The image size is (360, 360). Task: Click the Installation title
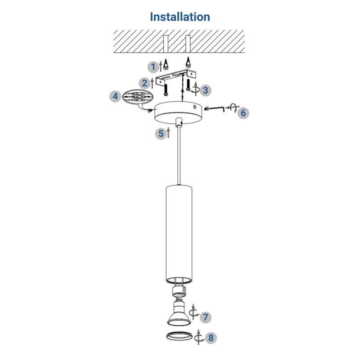(180, 17)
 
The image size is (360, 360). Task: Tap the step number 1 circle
(153, 67)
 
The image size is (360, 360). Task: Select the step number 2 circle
(144, 83)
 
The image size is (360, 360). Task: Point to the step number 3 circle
(206, 90)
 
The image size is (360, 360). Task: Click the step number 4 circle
(115, 96)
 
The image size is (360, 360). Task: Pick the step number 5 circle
(161, 134)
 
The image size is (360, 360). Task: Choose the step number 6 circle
(243, 113)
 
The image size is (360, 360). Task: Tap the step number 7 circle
(206, 317)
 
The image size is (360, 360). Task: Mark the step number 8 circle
(211, 338)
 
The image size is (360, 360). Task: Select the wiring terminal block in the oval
(137, 97)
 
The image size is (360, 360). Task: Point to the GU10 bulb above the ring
(179, 312)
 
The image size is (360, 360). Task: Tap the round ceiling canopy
(178, 112)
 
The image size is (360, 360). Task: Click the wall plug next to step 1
(166, 64)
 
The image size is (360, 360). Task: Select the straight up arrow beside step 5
(168, 133)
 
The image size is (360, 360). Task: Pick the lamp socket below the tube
(179, 292)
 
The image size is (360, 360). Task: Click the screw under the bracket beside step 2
(166, 90)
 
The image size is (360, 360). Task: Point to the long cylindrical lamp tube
(179, 234)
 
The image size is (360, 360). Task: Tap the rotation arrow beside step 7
(193, 312)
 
